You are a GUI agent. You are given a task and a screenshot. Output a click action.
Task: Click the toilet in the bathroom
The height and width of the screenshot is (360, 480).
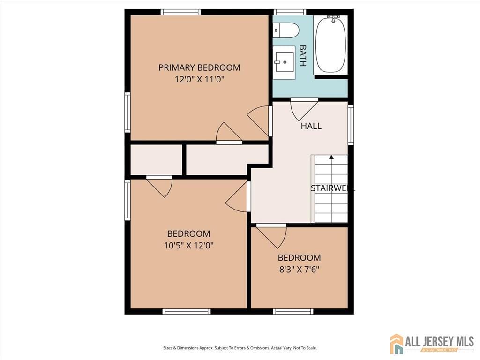286,30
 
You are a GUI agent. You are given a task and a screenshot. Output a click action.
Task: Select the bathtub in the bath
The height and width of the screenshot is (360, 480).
330,45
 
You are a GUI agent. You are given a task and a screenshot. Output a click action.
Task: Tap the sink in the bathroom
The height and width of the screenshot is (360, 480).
285,62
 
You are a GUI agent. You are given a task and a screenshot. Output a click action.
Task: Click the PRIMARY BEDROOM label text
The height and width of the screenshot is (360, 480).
199,67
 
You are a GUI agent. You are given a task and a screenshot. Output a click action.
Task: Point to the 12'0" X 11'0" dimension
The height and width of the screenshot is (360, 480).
199,80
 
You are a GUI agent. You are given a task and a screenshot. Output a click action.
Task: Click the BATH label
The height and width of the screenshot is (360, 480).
303,56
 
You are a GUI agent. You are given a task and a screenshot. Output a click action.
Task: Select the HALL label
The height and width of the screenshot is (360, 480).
311,126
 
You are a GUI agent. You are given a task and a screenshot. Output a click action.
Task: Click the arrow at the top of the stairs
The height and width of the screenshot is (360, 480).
331,157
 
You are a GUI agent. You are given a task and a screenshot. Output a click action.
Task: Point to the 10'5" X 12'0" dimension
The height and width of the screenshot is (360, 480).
189,245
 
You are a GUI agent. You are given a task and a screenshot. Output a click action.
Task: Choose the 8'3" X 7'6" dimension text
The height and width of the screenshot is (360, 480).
299,270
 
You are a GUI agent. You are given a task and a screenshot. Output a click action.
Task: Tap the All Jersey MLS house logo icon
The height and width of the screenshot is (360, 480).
397,344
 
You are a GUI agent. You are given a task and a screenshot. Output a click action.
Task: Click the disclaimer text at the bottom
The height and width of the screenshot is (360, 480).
240,348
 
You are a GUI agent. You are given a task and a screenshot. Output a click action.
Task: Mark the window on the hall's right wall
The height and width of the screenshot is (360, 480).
350,125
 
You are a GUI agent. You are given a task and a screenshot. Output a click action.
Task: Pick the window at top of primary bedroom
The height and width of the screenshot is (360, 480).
180,12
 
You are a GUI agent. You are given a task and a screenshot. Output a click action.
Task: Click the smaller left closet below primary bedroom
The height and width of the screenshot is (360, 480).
156,160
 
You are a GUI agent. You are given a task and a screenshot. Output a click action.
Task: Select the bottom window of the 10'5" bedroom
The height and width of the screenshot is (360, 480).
186,311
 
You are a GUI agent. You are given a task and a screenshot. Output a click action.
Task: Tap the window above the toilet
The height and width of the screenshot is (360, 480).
290,12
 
